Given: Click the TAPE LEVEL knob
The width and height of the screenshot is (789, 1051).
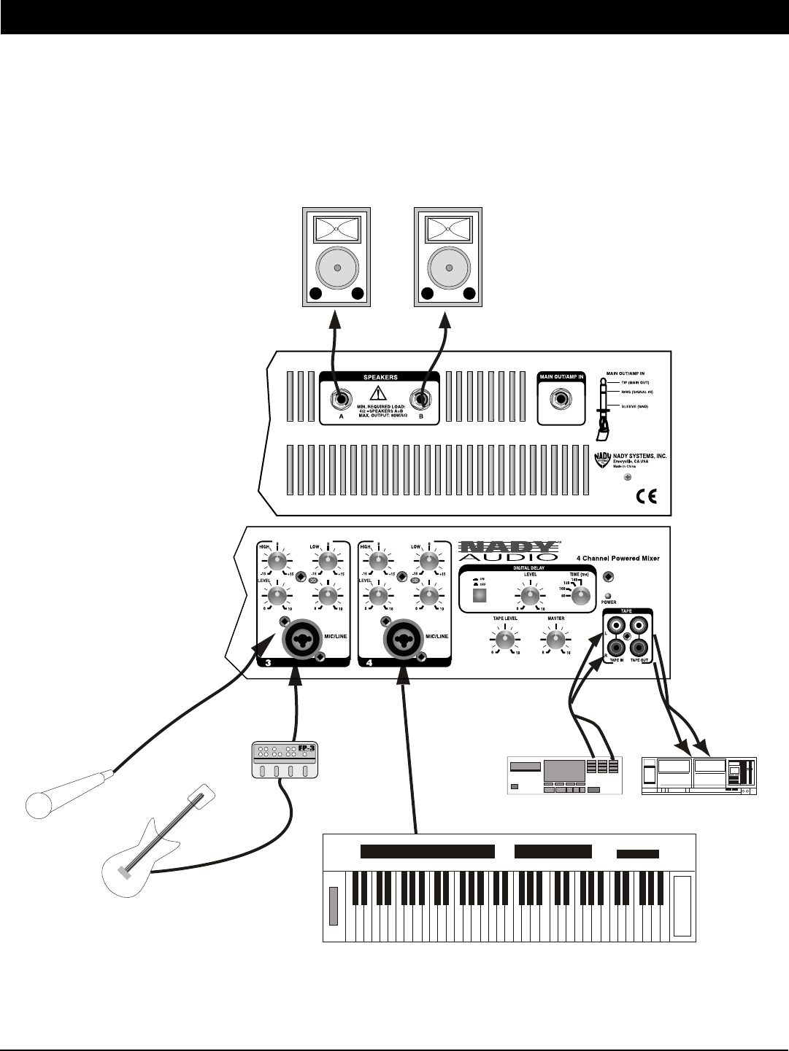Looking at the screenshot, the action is pos(502,640).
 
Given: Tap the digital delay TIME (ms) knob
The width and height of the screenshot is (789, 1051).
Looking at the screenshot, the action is pos(580,596).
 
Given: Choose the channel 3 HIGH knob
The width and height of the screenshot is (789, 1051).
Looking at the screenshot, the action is pos(277,561).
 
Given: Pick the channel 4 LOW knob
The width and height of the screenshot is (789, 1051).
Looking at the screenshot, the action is pos(428,561).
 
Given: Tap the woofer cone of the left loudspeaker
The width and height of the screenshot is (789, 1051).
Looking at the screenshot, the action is pos(336,268).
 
